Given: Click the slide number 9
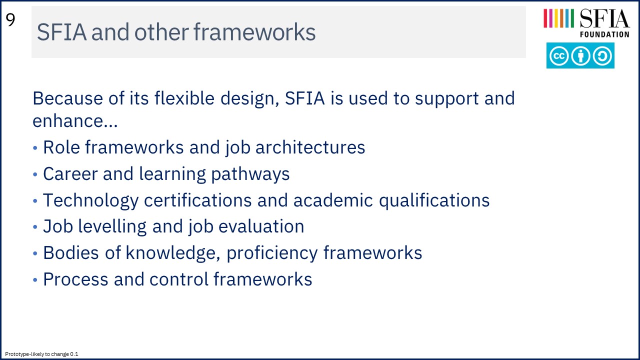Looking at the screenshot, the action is coord(10,20).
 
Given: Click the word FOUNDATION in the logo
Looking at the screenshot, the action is coord(604,34).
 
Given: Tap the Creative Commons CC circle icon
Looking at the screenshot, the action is coord(559,55).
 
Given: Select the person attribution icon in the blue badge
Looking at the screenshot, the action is coord(580,55).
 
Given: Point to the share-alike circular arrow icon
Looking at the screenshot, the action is coord(602,55).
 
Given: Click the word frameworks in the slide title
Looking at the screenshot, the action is coord(254,31).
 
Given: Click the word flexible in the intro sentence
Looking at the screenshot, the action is coord(184,98).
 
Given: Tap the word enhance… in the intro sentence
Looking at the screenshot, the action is coord(75,120).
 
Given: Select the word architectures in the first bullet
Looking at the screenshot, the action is coord(310,147).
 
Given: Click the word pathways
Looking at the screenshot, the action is coord(250,174).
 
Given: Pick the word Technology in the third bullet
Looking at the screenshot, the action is coord(91,200).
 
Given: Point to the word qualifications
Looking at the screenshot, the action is coord(434,200).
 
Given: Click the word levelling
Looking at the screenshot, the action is coord(112,226).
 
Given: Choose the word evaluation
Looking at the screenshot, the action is coord(261,226).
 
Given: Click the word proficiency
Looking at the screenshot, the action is coord(272,253).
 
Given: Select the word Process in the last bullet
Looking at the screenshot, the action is coord(75,279).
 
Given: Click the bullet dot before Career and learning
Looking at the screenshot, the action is coord(35,174).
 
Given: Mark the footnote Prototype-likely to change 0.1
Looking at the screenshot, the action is coord(41,354).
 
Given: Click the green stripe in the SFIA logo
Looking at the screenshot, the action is coord(572,18).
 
